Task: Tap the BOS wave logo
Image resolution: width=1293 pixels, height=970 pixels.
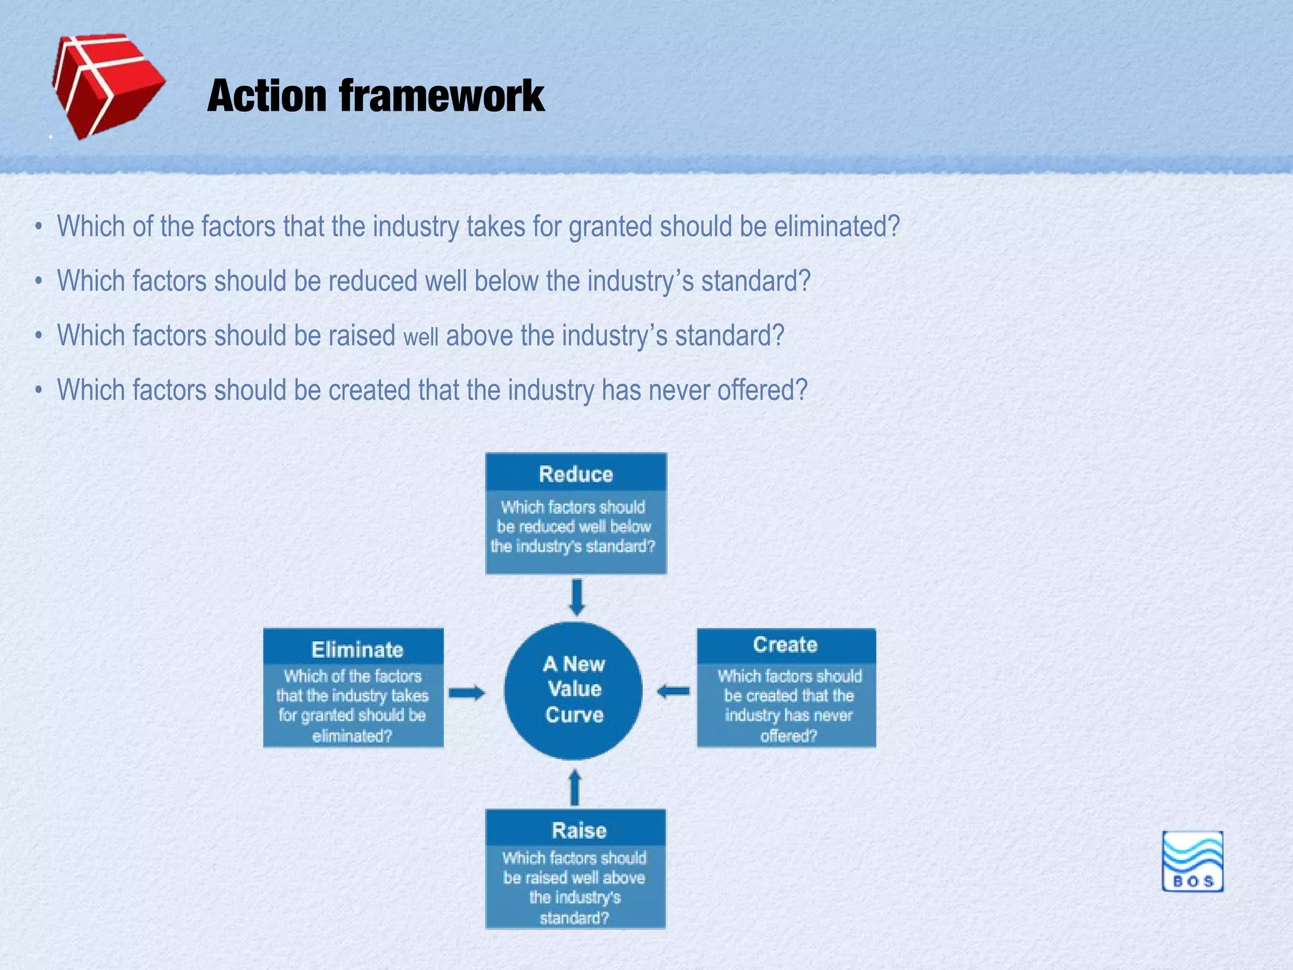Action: click(x=1192, y=861)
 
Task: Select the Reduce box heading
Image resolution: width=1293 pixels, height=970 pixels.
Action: click(x=575, y=474)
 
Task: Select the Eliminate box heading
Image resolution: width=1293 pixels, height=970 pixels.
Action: click(x=357, y=649)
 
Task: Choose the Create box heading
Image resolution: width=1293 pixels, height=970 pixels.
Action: click(x=785, y=644)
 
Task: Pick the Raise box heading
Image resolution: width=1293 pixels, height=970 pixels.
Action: click(x=578, y=830)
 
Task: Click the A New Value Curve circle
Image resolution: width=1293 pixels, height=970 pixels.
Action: click(x=573, y=690)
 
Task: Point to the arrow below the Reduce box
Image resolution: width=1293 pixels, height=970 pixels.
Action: click(x=576, y=597)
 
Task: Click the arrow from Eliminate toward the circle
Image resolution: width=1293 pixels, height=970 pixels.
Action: click(x=467, y=693)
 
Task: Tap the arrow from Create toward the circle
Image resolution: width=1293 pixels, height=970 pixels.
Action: click(x=674, y=691)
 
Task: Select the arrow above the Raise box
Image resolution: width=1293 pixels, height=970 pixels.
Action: click(x=575, y=787)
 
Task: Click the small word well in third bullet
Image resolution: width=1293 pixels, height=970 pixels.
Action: click(x=420, y=337)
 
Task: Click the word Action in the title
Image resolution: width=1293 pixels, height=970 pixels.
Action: click(x=266, y=96)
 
